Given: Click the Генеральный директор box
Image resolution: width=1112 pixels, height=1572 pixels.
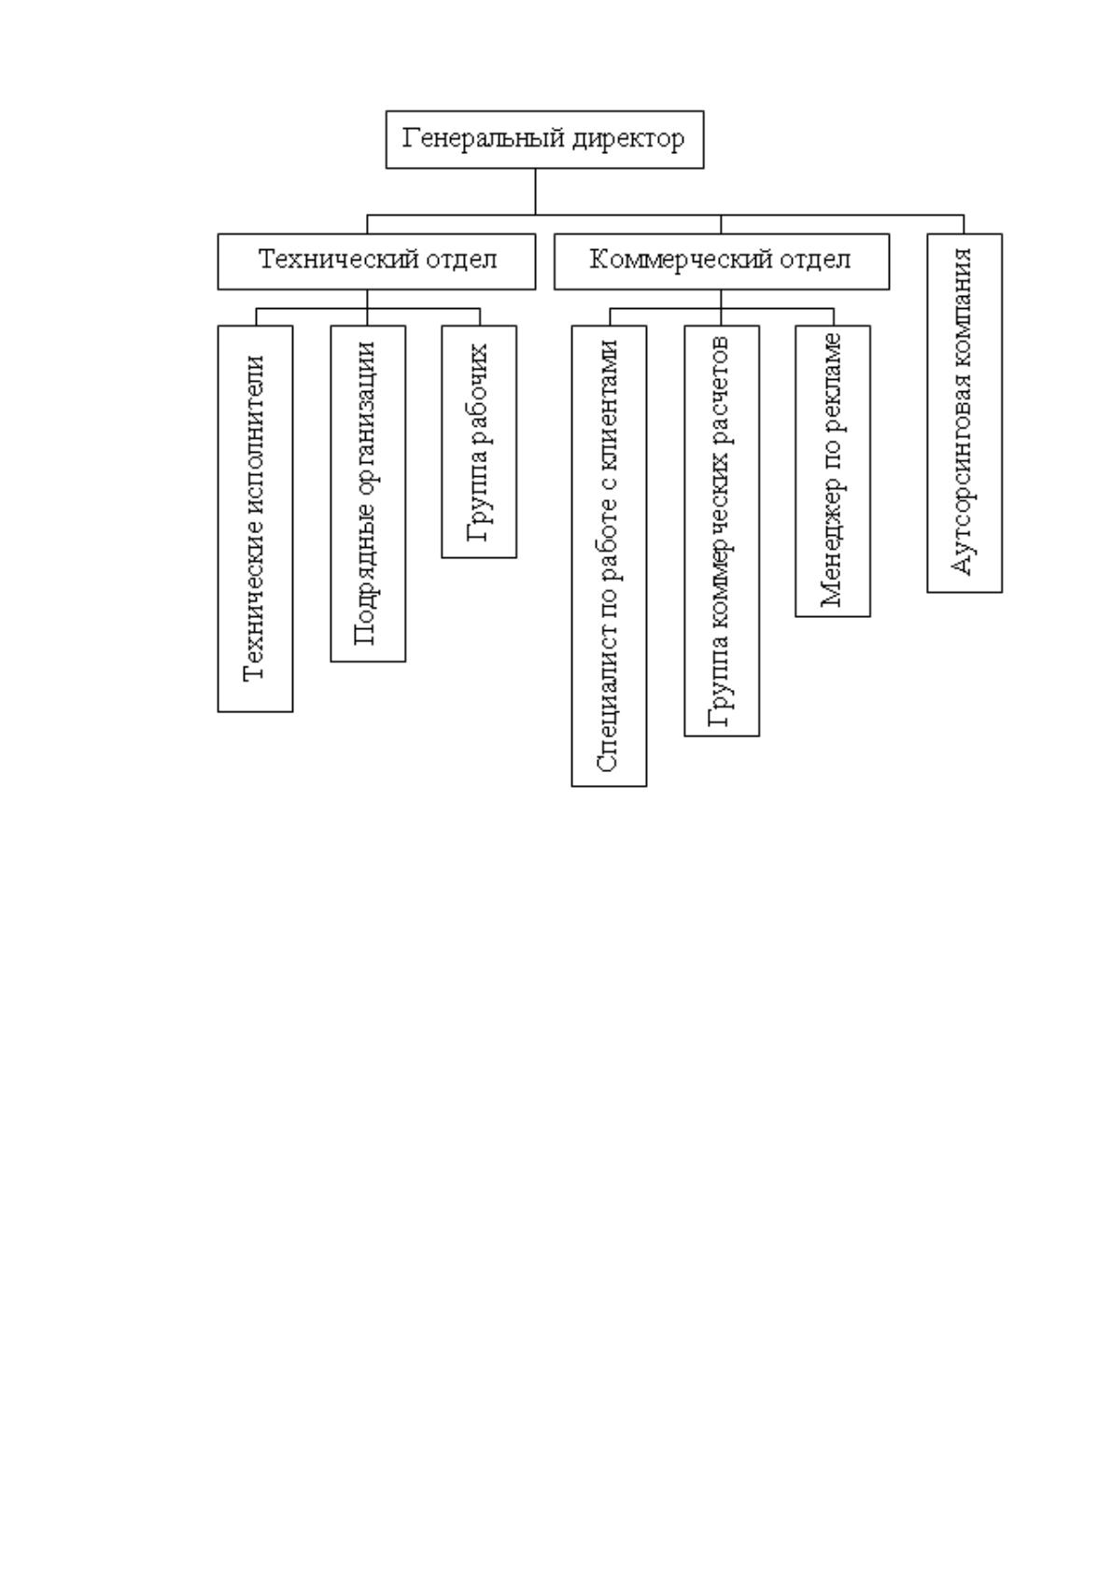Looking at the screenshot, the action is pos(544,139).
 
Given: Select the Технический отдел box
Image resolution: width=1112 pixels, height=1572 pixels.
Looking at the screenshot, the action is pos(376,261).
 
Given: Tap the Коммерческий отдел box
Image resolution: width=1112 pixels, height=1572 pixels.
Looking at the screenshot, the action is pos(722,261).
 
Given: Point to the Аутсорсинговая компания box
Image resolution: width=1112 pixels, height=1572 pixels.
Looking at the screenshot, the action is pos(964,413).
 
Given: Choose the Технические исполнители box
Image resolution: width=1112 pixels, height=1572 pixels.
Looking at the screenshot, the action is pos(255,519).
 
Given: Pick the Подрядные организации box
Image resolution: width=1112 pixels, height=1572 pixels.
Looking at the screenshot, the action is pos(368,494).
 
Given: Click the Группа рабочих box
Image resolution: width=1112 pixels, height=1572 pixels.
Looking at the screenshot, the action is pos(479,442).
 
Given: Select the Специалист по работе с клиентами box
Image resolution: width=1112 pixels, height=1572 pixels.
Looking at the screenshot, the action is pos(609,555).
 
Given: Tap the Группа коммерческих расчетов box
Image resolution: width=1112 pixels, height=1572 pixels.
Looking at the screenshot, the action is pos(722,530).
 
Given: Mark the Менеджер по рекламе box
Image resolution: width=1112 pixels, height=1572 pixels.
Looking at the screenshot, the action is pos(833,470).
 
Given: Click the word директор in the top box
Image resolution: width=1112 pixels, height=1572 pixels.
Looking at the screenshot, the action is pos(628,139).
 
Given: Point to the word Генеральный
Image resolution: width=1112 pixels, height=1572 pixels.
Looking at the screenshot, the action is pos(484,139).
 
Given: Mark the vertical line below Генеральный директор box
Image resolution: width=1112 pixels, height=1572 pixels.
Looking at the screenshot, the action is pos(535,191).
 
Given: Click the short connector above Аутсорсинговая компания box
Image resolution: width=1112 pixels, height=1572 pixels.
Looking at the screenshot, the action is pos(964,225).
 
